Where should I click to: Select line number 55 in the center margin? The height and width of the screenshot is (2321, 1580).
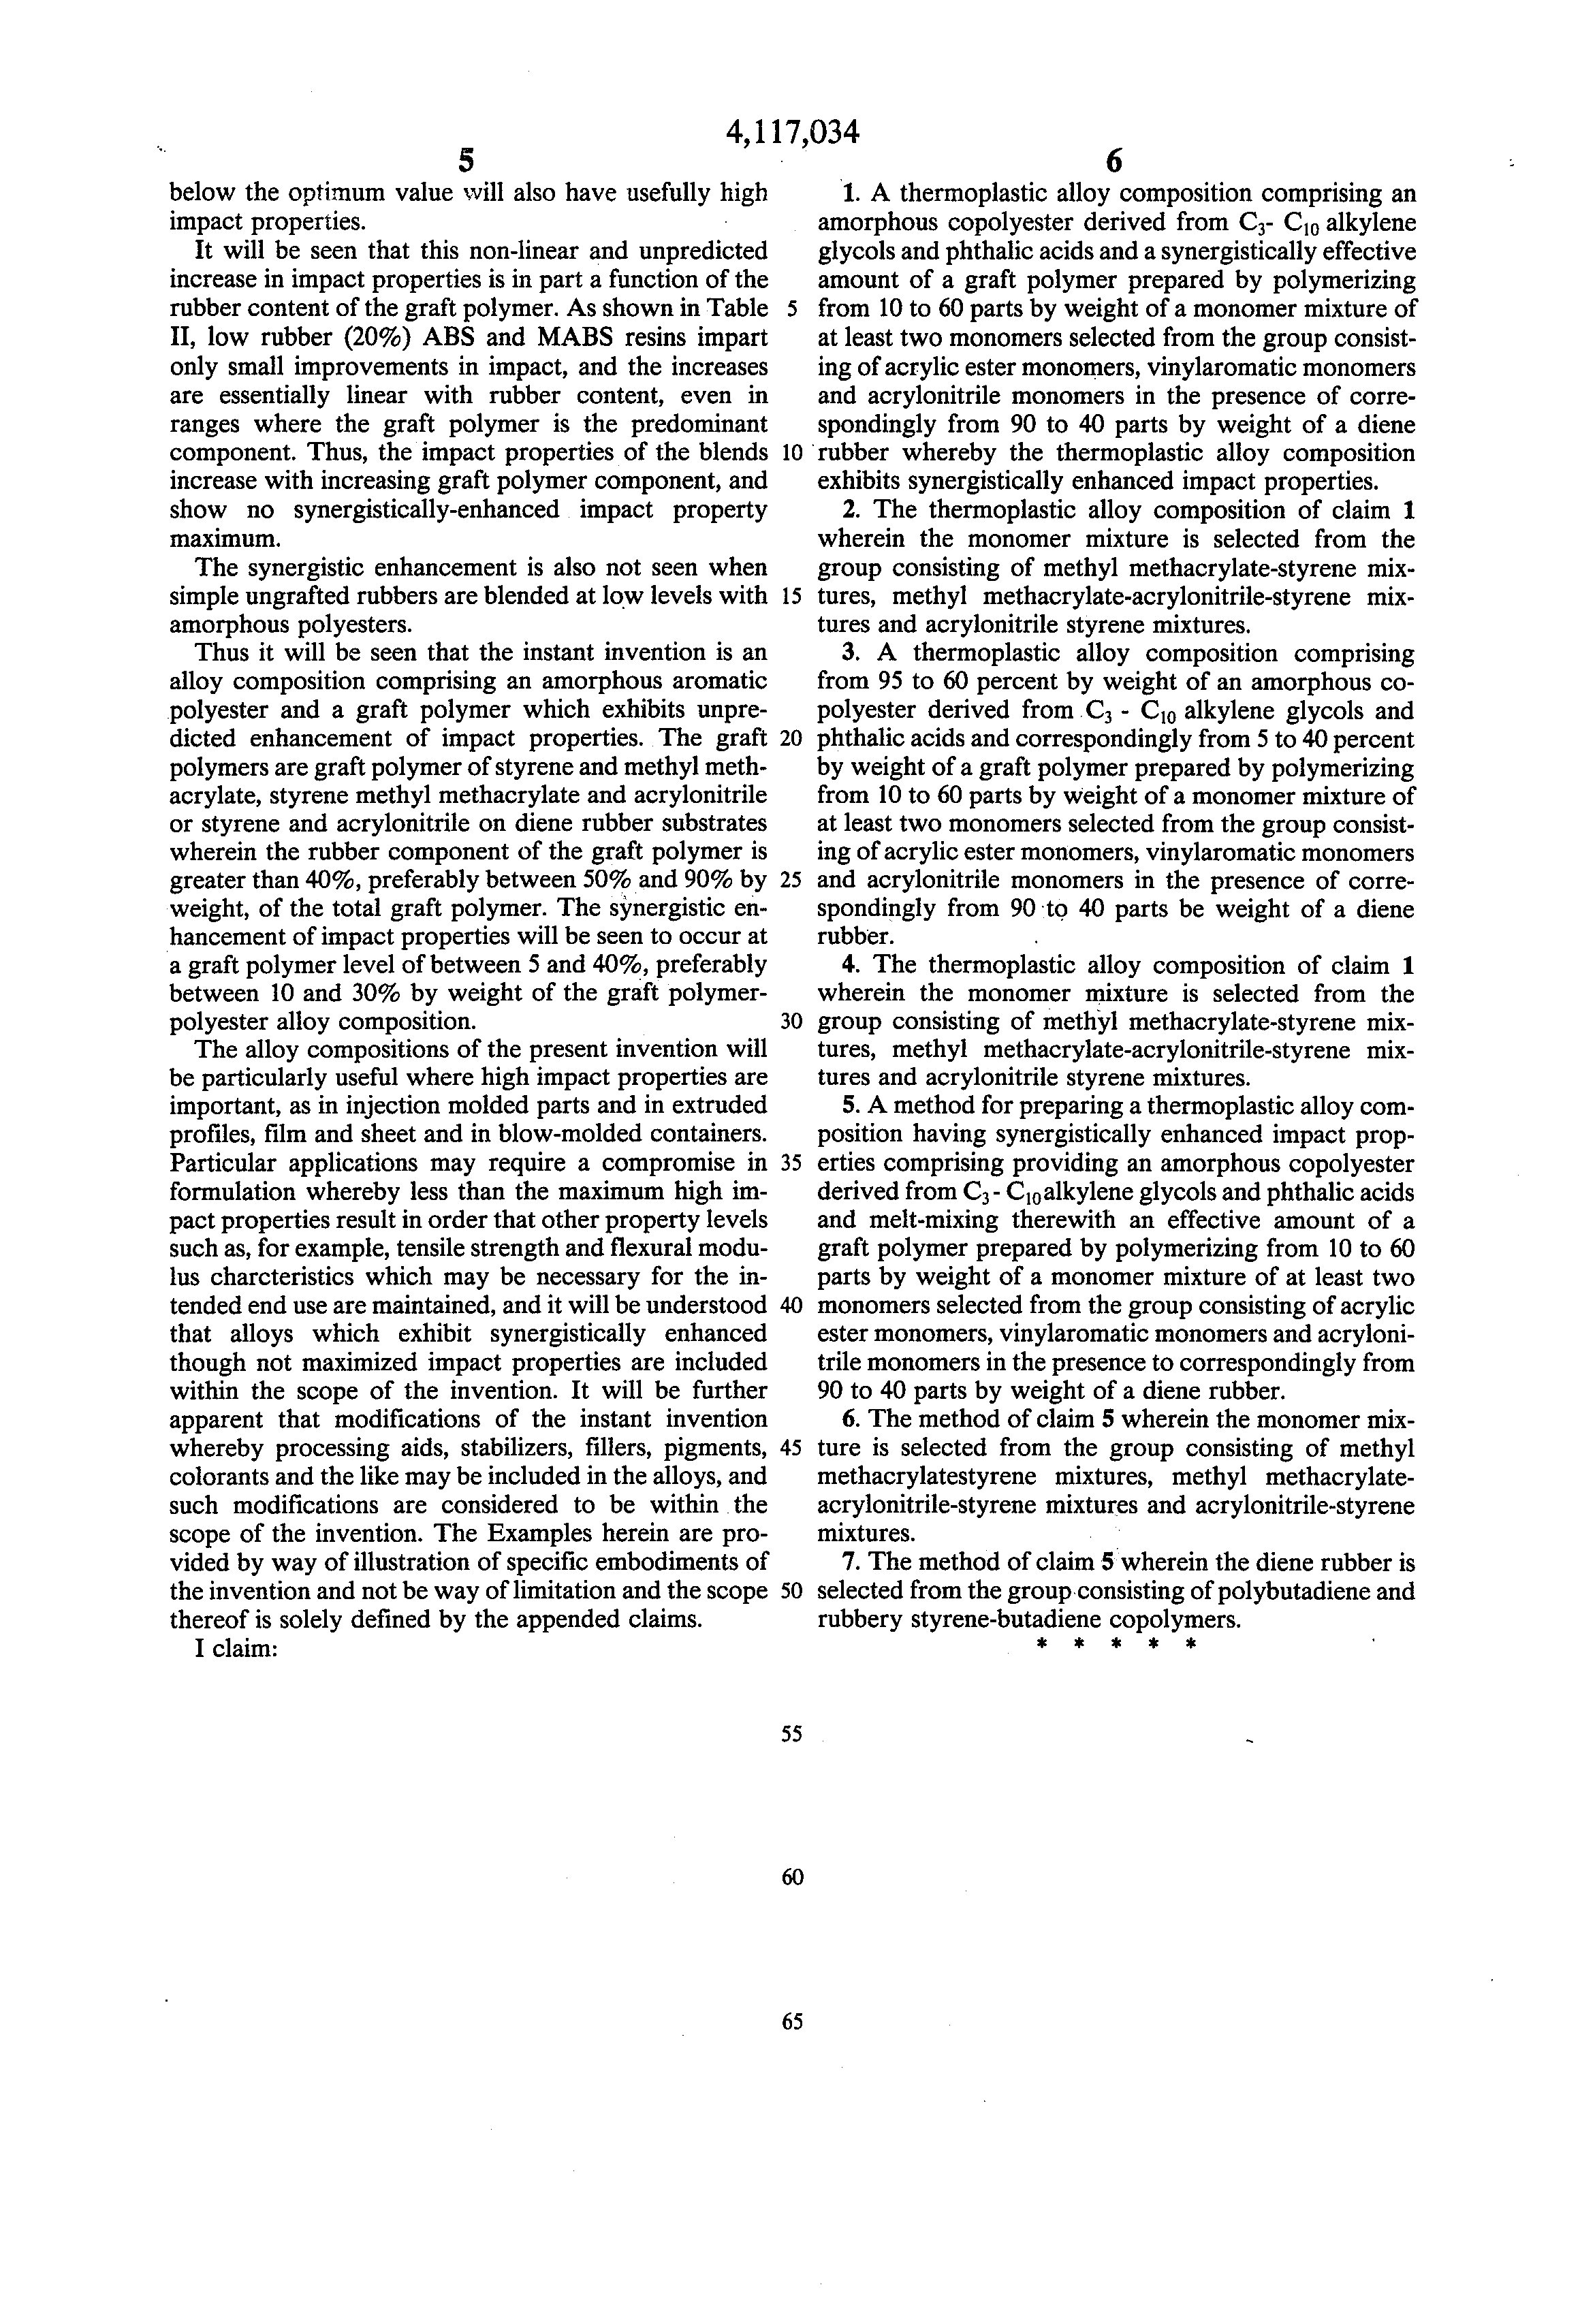[792, 1734]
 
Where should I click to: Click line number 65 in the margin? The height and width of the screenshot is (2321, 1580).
[792, 2021]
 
